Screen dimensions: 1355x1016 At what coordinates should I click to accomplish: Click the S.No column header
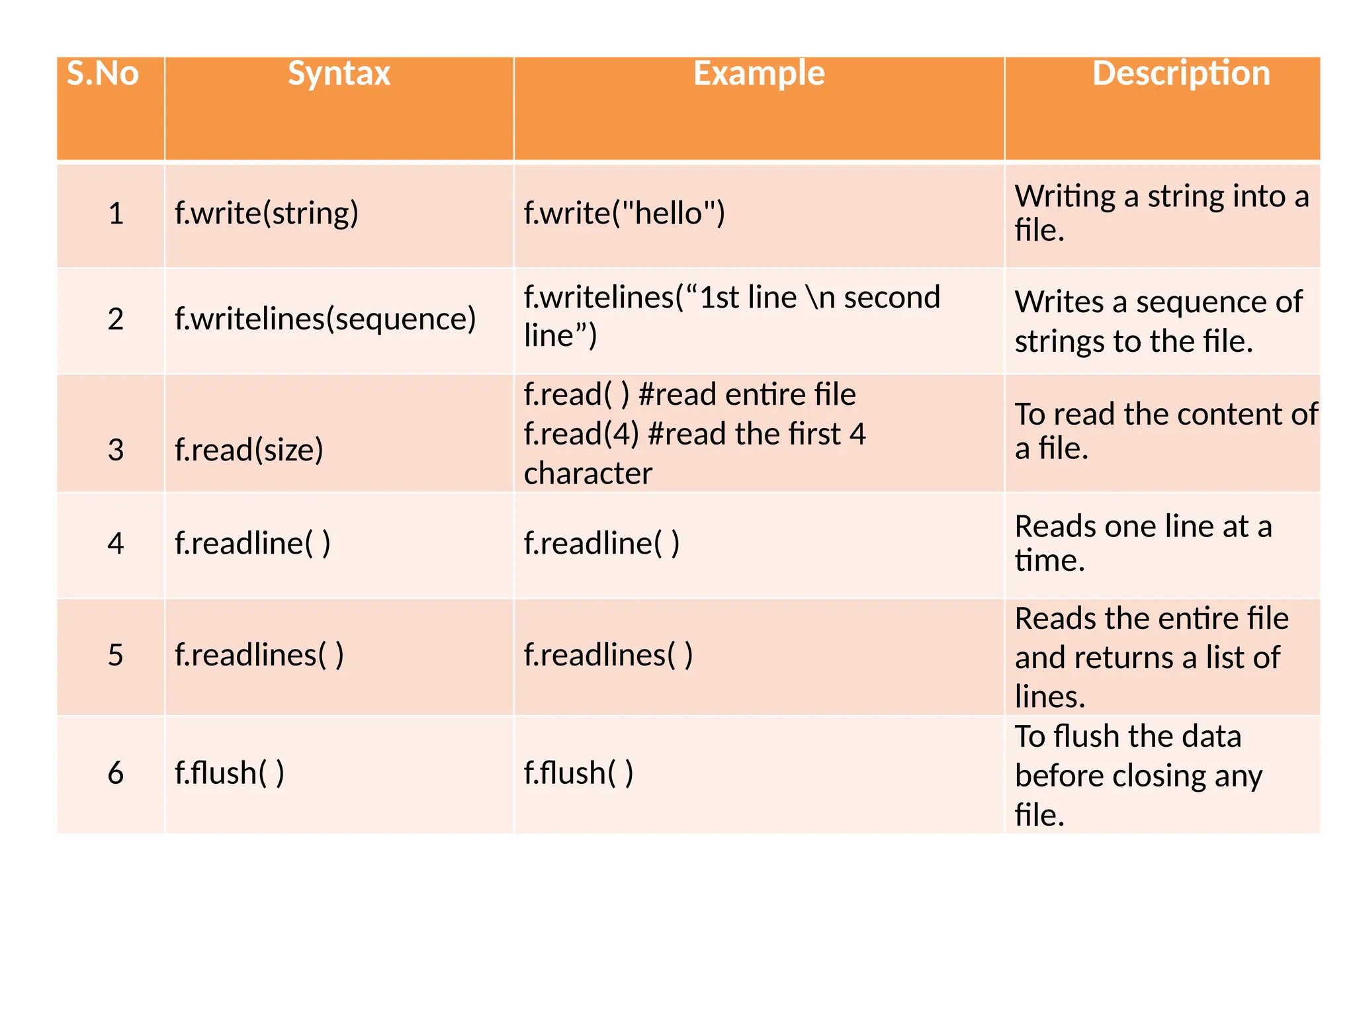pyautogui.click(x=103, y=73)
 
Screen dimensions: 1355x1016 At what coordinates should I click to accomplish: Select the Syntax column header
pyautogui.click(x=339, y=73)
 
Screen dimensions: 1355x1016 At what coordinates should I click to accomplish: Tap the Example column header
pyautogui.click(x=759, y=73)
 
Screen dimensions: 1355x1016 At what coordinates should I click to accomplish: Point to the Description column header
pyautogui.click(x=1181, y=73)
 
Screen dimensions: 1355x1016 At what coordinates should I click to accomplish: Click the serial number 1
pyautogui.click(x=116, y=214)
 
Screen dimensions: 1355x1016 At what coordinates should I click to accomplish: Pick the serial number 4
pyautogui.click(x=116, y=544)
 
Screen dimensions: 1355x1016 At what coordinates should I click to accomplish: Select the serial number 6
pyautogui.click(x=116, y=773)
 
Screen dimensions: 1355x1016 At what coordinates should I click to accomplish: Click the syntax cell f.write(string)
pyautogui.click(x=266, y=214)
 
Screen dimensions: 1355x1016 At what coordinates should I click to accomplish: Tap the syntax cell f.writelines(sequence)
pyautogui.click(x=325, y=319)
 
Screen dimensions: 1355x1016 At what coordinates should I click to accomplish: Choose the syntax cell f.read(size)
pyautogui.click(x=249, y=450)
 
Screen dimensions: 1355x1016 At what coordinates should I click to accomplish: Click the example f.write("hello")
pyautogui.click(x=624, y=214)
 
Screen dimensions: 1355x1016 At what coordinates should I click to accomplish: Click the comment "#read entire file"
pyautogui.click(x=747, y=395)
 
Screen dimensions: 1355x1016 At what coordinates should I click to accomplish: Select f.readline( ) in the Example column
pyautogui.click(x=601, y=544)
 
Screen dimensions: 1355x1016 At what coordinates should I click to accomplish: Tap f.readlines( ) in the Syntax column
pyautogui.click(x=259, y=656)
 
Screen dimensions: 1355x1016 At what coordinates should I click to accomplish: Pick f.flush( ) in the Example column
pyautogui.click(x=578, y=773)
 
